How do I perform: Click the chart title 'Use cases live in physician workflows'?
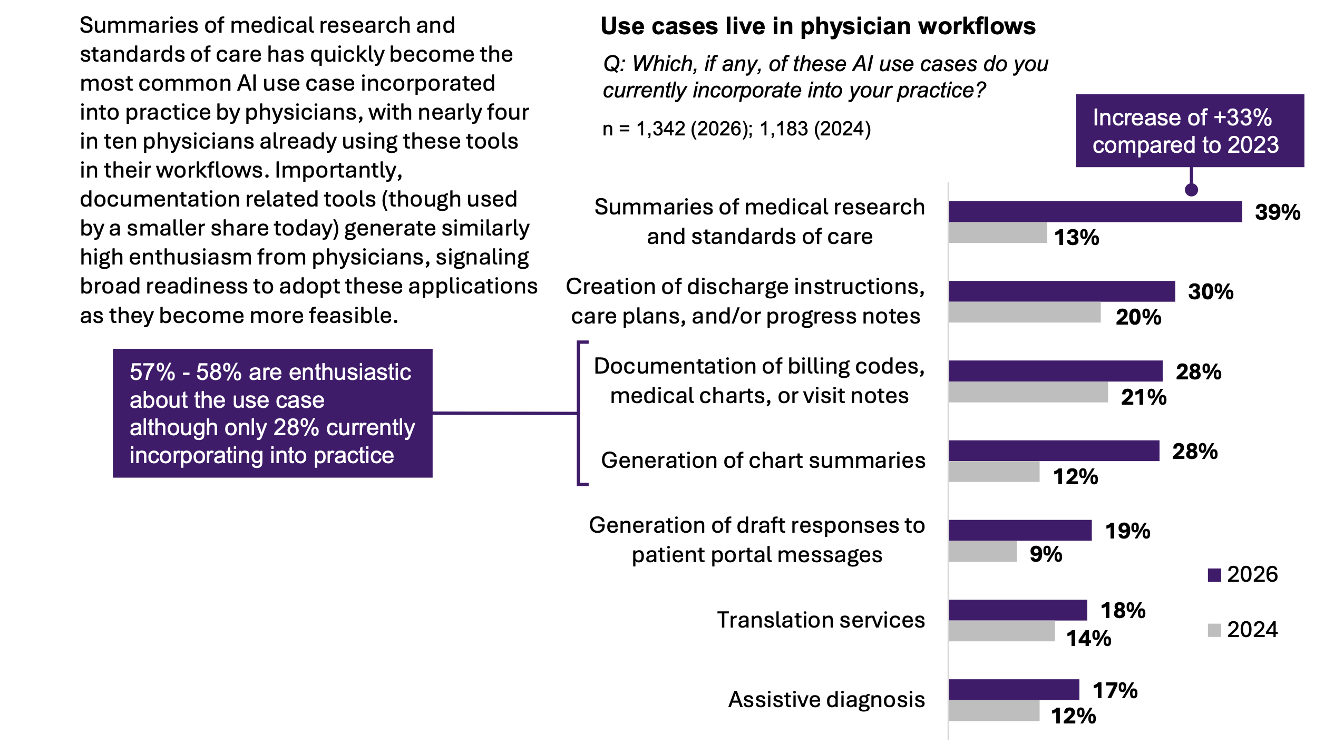coord(817,26)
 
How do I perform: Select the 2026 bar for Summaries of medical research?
coord(1095,211)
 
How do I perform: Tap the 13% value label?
coord(1076,238)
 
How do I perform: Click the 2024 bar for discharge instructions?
coord(1024,312)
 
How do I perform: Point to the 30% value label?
coord(1210,292)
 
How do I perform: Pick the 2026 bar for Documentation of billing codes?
coord(1055,371)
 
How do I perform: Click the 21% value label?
coord(1143,397)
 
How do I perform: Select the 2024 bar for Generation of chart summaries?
coord(994,472)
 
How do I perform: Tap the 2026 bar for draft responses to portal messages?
coord(1020,530)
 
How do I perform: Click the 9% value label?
coord(1046,554)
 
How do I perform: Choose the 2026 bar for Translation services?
coord(1018,610)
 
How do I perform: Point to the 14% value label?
coord(1088,639)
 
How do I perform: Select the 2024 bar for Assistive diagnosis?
coord(994,711)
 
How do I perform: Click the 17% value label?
coord(1115,691)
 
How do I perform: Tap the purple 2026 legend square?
coord(1214,575)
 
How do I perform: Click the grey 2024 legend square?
coord(1214,630)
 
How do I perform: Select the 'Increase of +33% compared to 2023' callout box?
coord(1190,131)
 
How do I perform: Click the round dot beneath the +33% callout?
coord(1191,190)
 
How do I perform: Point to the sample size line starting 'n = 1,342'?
coord(736,129)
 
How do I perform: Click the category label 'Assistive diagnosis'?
coord(826,700)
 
